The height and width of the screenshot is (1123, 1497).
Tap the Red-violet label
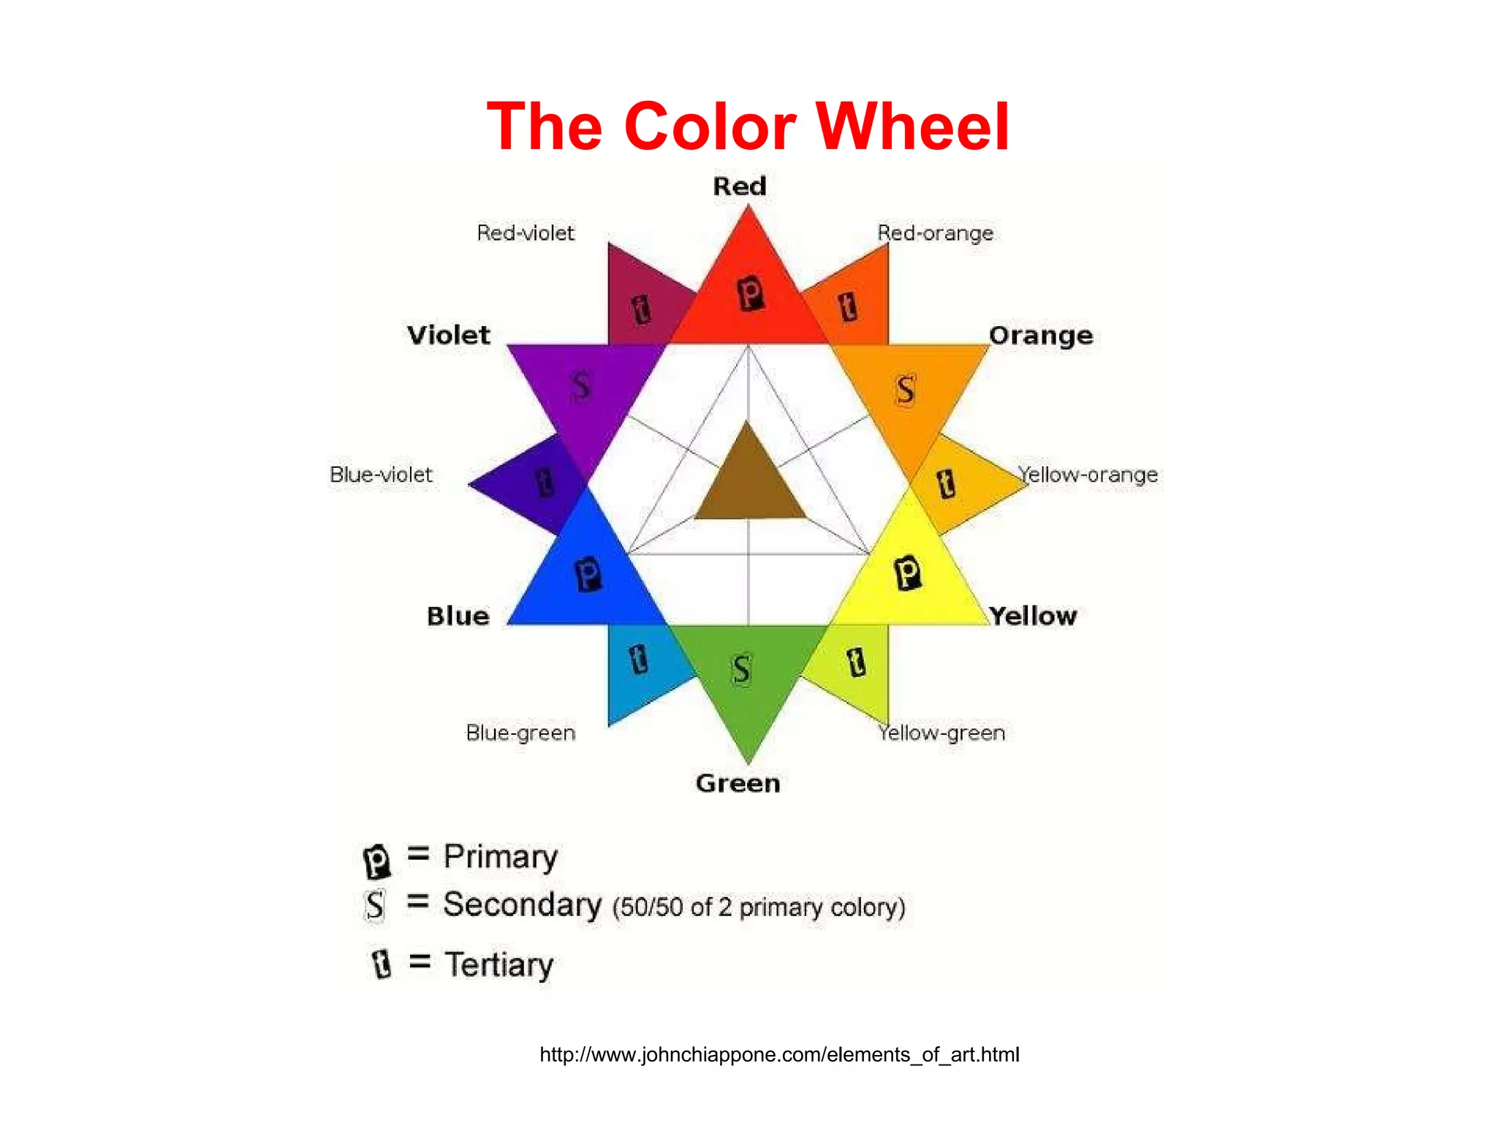click(526, 233)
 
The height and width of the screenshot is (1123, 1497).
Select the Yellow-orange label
click(1088, 475)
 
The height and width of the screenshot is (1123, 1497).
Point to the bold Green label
click(738, 784)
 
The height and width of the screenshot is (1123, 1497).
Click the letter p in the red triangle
click(750, 294)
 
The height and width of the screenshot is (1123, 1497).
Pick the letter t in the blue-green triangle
click(639, 659)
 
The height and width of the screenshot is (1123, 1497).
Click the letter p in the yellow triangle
click(908, 572)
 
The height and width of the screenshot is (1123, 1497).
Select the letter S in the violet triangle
click(581, 385)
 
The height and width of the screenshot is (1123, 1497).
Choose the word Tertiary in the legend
click(499, 965)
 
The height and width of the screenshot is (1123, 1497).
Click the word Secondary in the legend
click(522, 905)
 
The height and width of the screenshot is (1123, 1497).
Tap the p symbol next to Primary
click(377, 861)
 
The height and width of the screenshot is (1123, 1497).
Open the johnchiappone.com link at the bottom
click(779, 1055)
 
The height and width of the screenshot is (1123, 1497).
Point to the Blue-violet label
click(381, 475)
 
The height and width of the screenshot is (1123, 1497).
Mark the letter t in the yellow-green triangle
click(857, 662)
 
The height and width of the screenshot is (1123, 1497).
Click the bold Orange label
click(1041, 336)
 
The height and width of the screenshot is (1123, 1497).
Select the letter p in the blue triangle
click(588, 574)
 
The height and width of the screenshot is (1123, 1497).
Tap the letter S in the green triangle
click(741, 669)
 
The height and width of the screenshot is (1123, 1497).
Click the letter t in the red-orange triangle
click(848, 306)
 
